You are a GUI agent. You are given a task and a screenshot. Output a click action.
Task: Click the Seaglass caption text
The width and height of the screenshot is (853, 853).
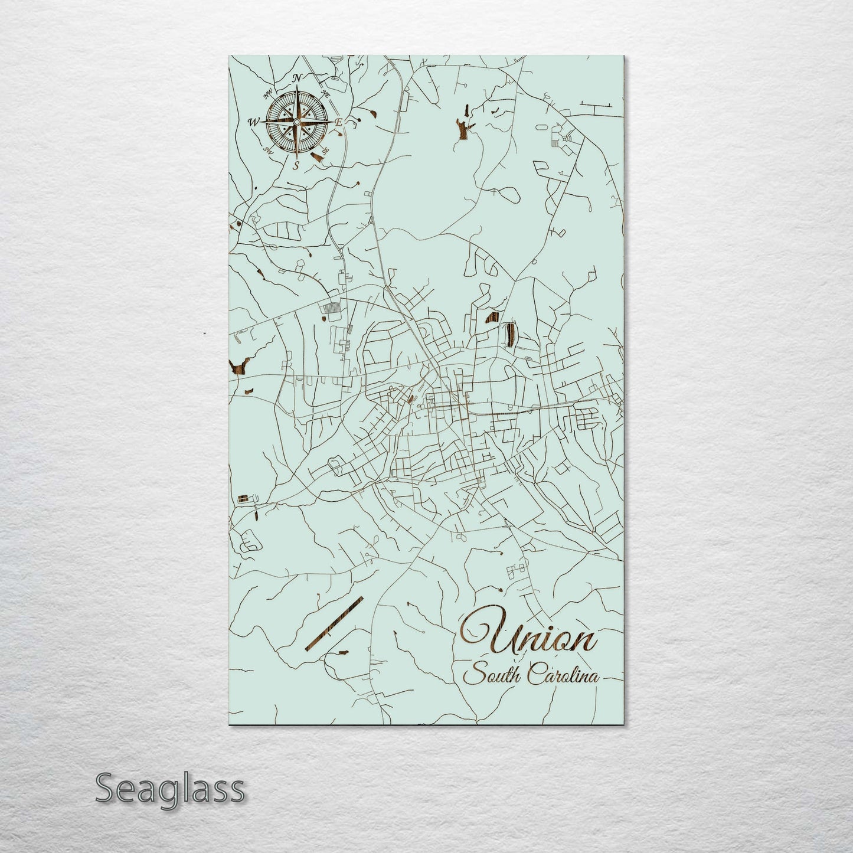169,789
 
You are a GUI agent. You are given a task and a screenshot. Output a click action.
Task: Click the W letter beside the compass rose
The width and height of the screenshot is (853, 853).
253,122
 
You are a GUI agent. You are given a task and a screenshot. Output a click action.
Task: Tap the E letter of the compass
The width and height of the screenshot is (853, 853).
339,122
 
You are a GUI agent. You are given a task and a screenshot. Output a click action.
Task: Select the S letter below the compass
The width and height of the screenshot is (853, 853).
296,165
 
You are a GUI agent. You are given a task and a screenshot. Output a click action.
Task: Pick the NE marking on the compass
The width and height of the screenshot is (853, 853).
325,93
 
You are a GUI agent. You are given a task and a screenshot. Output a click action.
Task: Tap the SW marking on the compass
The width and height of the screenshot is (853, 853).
269,150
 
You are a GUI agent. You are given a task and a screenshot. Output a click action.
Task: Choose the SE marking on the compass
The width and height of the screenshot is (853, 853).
324,151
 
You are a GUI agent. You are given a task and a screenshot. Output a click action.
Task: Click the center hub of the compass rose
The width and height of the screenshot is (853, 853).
296,122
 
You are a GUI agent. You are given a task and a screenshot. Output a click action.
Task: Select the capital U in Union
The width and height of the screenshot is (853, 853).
481,634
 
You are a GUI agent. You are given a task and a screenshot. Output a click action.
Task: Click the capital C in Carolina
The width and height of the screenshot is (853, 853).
535,675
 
